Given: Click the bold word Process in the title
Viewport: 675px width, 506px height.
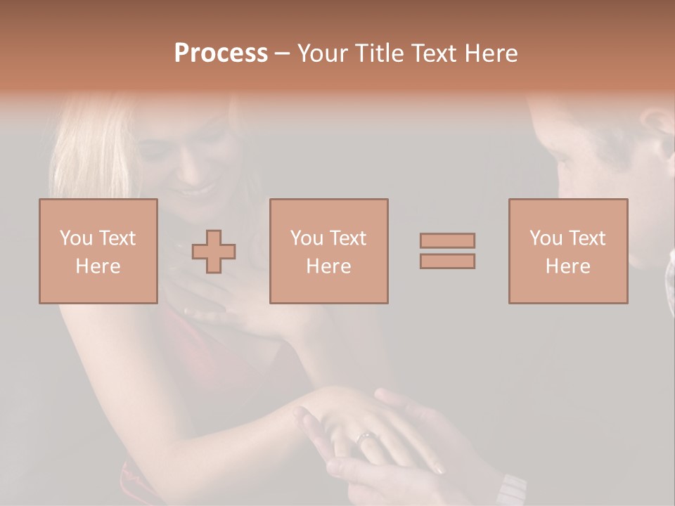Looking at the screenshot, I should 221,53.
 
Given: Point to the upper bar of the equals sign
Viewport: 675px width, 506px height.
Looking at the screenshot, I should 447,240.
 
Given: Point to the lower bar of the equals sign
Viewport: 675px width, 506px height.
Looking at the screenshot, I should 447,261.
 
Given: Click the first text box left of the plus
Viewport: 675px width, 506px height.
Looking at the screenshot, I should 98,251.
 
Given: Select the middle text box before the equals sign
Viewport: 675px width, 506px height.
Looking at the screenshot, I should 329,251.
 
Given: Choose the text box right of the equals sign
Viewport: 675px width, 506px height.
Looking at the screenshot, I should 568,251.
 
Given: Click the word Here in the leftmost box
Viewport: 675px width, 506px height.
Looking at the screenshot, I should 98,266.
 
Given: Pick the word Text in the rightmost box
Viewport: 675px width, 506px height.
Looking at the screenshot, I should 588,238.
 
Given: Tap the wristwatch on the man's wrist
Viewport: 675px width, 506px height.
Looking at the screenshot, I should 512,489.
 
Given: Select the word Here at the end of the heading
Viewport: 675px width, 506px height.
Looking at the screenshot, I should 494,53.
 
